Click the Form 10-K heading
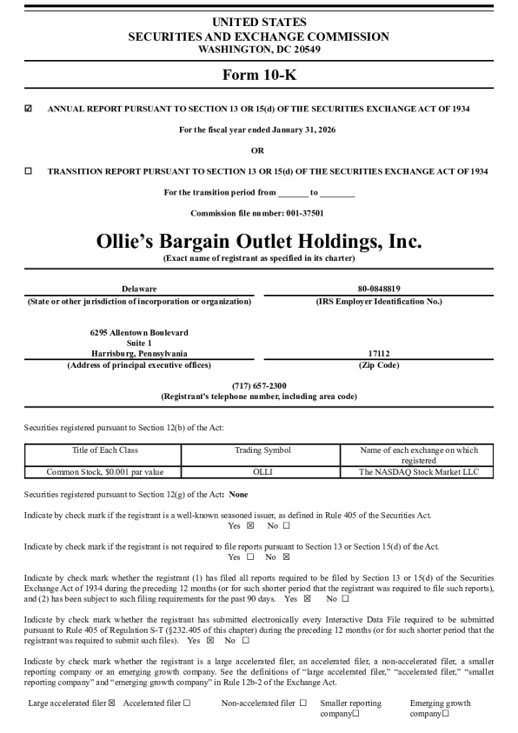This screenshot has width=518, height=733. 259,75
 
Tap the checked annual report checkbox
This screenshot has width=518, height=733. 28,109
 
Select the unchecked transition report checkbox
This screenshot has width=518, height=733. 28,171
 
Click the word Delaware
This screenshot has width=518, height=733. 140,289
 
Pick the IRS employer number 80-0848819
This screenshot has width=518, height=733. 378,289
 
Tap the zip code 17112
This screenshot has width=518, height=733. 378,354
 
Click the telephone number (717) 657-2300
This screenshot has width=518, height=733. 259,385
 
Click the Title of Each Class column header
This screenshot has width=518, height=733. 104,450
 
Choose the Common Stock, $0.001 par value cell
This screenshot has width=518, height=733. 104,472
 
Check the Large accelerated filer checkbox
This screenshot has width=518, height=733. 111,703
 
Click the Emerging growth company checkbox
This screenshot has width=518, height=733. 445,714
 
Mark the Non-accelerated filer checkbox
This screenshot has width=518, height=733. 302,703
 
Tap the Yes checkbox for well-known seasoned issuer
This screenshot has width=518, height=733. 250,525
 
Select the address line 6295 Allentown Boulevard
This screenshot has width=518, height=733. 139,332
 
